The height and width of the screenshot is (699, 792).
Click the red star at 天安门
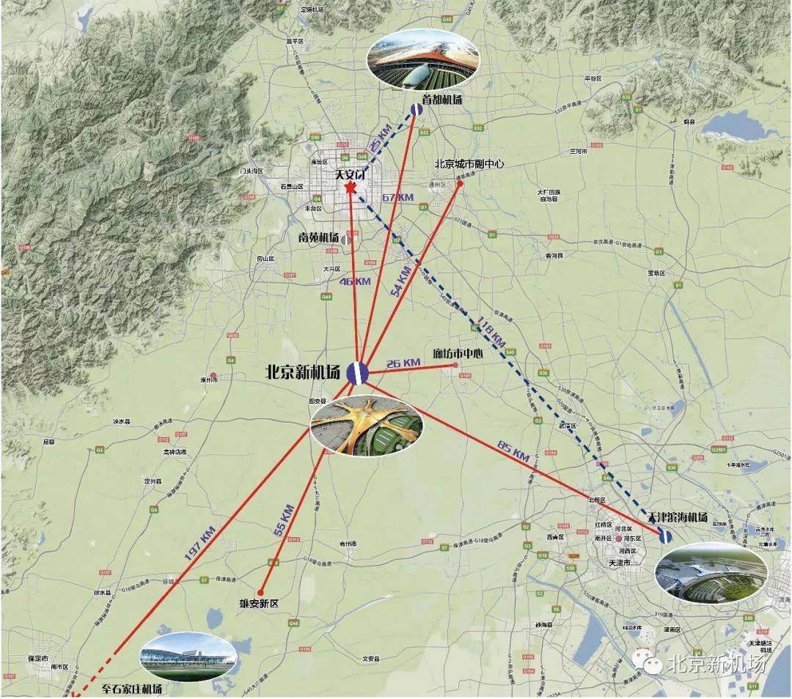[x=350, y=189]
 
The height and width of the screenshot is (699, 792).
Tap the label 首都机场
[x=442, y=100]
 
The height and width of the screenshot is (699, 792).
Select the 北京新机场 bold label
[x=303, y=373]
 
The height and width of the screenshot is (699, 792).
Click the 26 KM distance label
[x=403, y=363]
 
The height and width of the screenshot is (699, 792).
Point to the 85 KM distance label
[x=513, y=449]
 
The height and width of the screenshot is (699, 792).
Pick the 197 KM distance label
[x=199, y=544]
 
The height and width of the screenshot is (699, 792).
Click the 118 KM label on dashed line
[x=491, y=331]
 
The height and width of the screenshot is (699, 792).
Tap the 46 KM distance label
[x=354, y=281]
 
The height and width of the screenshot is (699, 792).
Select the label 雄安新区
[x=260, y=604]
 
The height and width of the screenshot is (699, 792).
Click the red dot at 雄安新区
[x=260, y=591]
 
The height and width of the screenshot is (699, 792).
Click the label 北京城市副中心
[x=469, y=164]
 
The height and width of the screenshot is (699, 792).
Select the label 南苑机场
[x=318, y=238]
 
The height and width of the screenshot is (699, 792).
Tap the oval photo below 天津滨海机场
[x=711, y=572]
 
